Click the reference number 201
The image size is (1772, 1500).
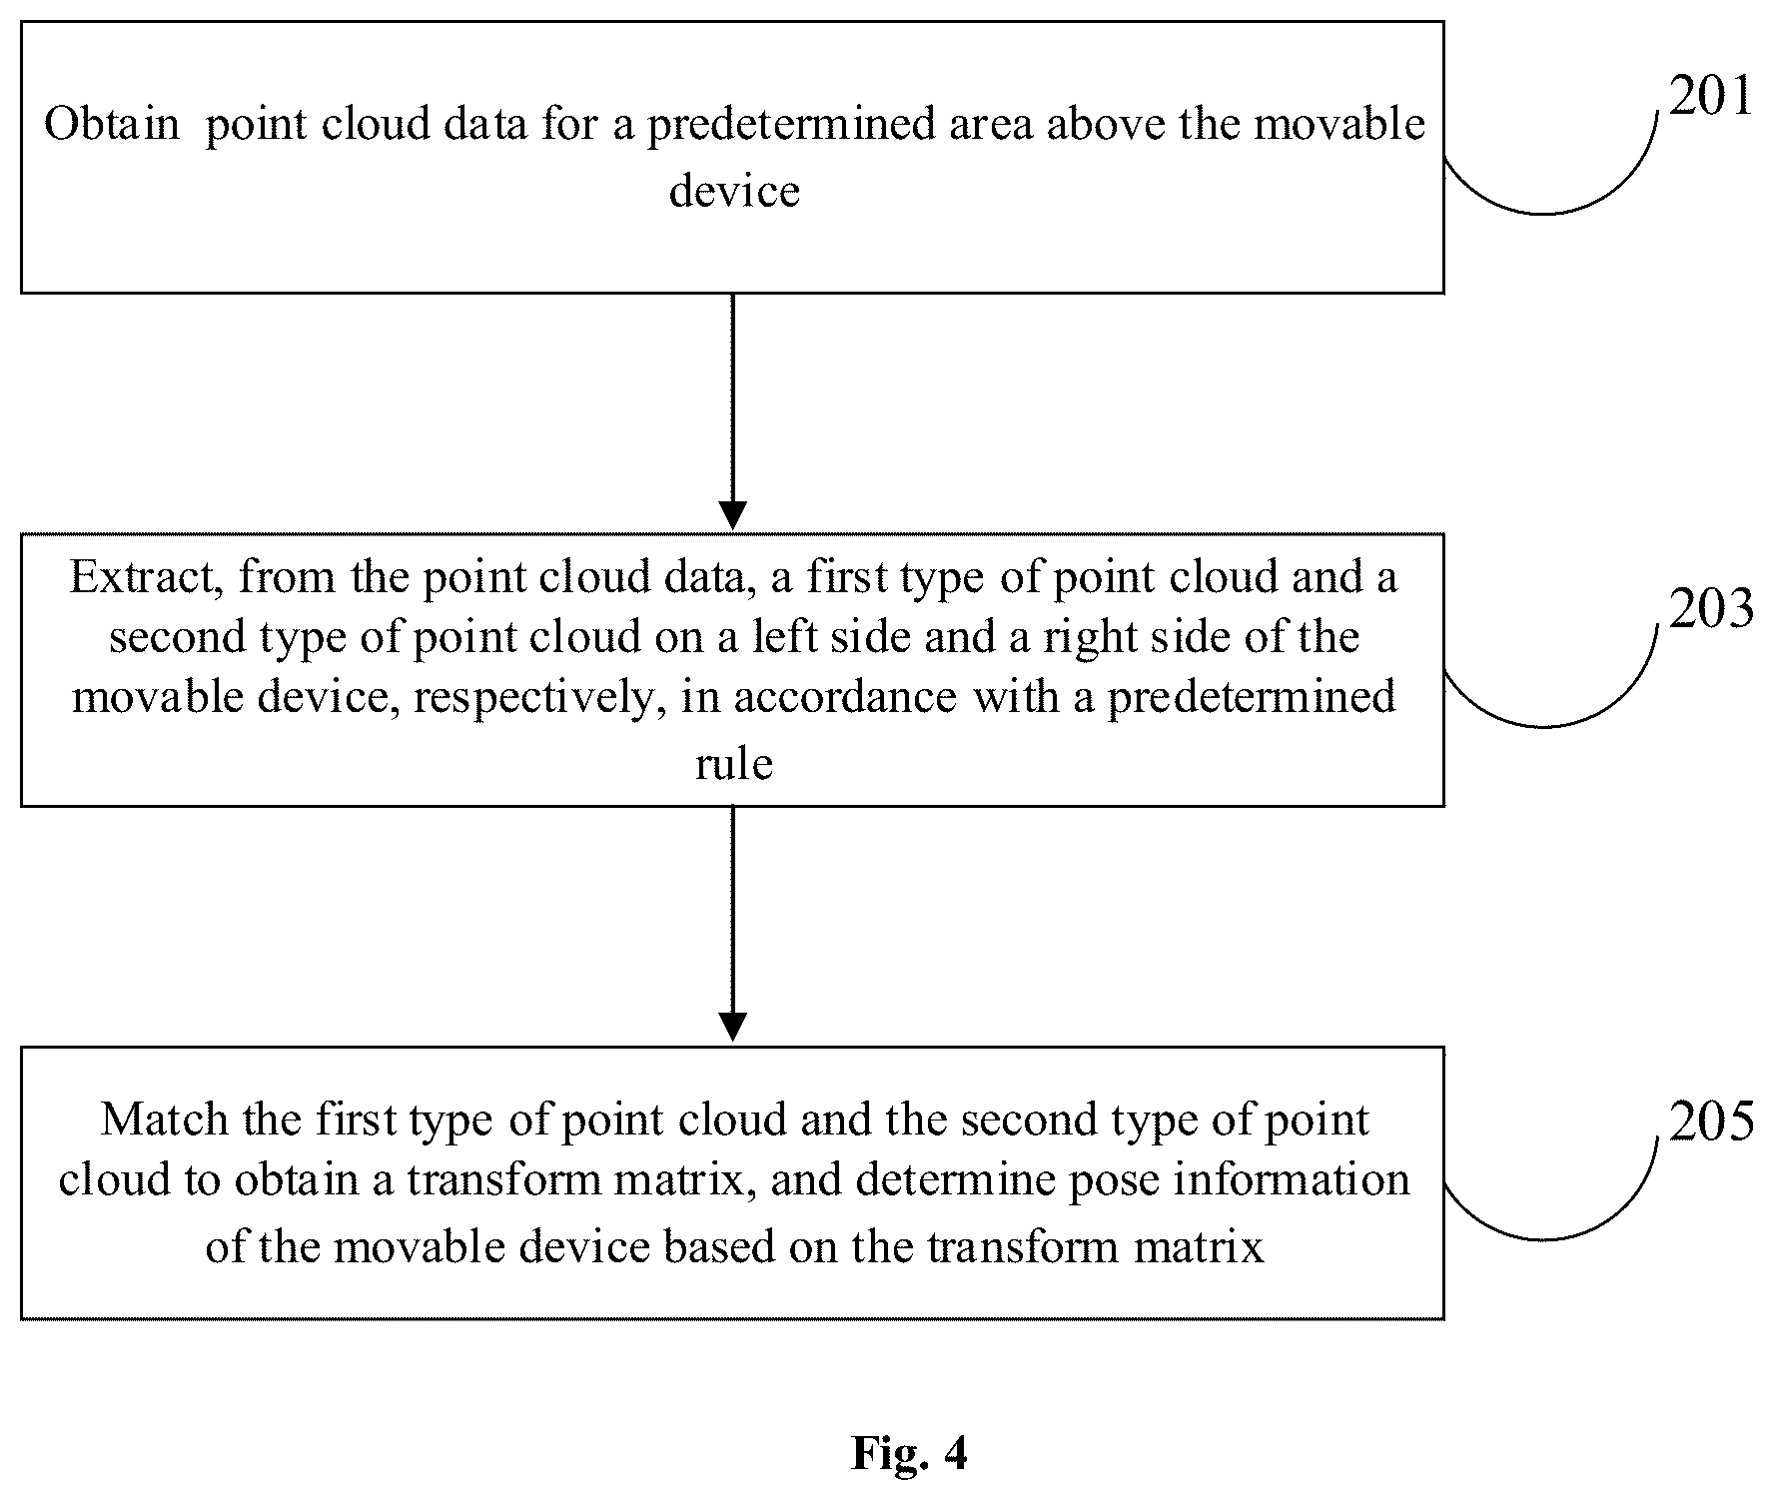[x=1711, y=97]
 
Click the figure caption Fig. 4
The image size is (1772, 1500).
[x=909, y=1453]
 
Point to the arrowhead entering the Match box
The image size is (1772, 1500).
[x=733, y=1028]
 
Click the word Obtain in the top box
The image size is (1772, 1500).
[x=112, y=124]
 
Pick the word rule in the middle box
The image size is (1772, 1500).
[x=734, y=764]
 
